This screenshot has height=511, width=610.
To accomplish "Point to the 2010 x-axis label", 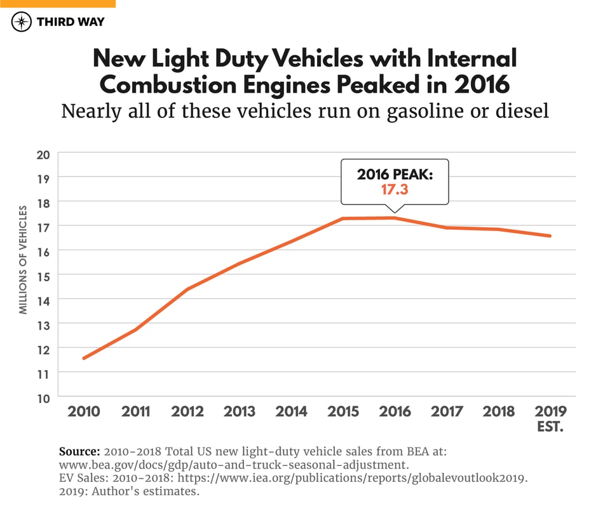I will tap(83, 412).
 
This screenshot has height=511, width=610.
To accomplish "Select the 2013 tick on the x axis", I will tap(240, 412).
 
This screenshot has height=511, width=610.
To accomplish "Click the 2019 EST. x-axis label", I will tap(551, 418).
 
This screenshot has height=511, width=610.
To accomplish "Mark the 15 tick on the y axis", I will tap(44, 275).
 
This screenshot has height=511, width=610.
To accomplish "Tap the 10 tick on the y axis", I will tap(44, 398).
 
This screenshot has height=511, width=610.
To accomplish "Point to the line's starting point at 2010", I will tap(84, 358).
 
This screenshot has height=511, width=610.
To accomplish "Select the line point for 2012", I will tap(187, 289).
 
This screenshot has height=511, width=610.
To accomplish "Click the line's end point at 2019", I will tap(550, 236).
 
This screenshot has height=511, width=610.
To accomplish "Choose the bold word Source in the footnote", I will tap(79, 452).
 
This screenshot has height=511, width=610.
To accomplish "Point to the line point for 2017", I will tap(447, 227).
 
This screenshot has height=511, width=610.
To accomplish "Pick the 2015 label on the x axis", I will tap(344, 412).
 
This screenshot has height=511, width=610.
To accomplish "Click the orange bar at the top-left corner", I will tap(57, 3).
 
